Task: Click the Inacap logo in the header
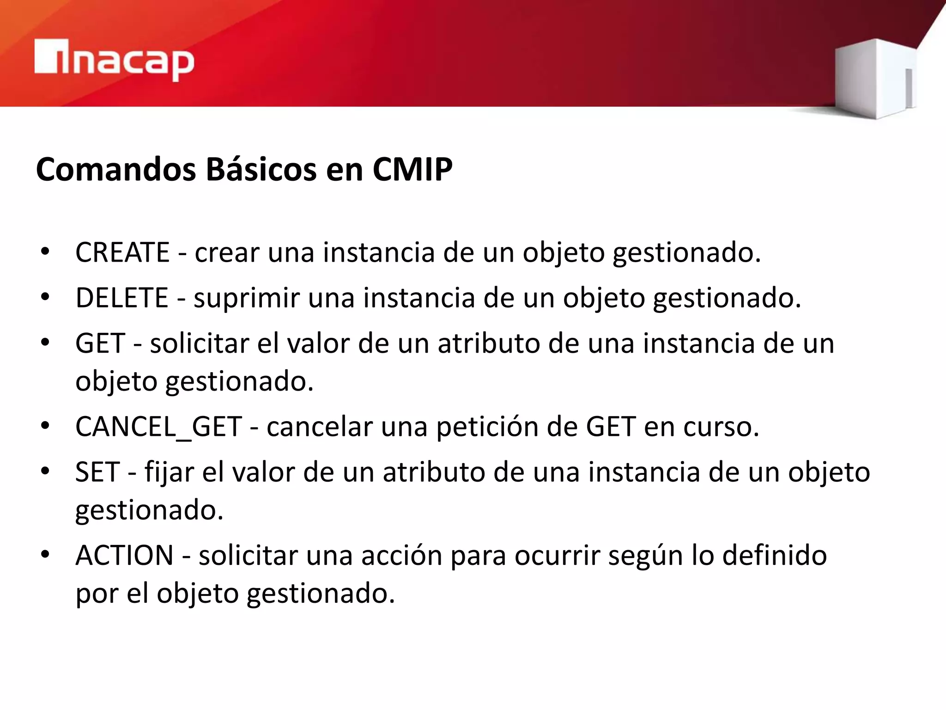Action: click(114, 60)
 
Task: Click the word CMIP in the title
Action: click(412, 169)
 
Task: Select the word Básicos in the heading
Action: click(261, 169)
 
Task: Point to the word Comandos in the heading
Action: click(116, 169)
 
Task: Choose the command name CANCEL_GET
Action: click(158, 426)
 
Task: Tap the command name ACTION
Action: click(124, 555)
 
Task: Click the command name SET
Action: click(97, 472)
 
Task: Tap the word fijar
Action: click(169, 473)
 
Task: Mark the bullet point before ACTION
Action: click(45, 554)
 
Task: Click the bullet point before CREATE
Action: click(45, 251)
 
